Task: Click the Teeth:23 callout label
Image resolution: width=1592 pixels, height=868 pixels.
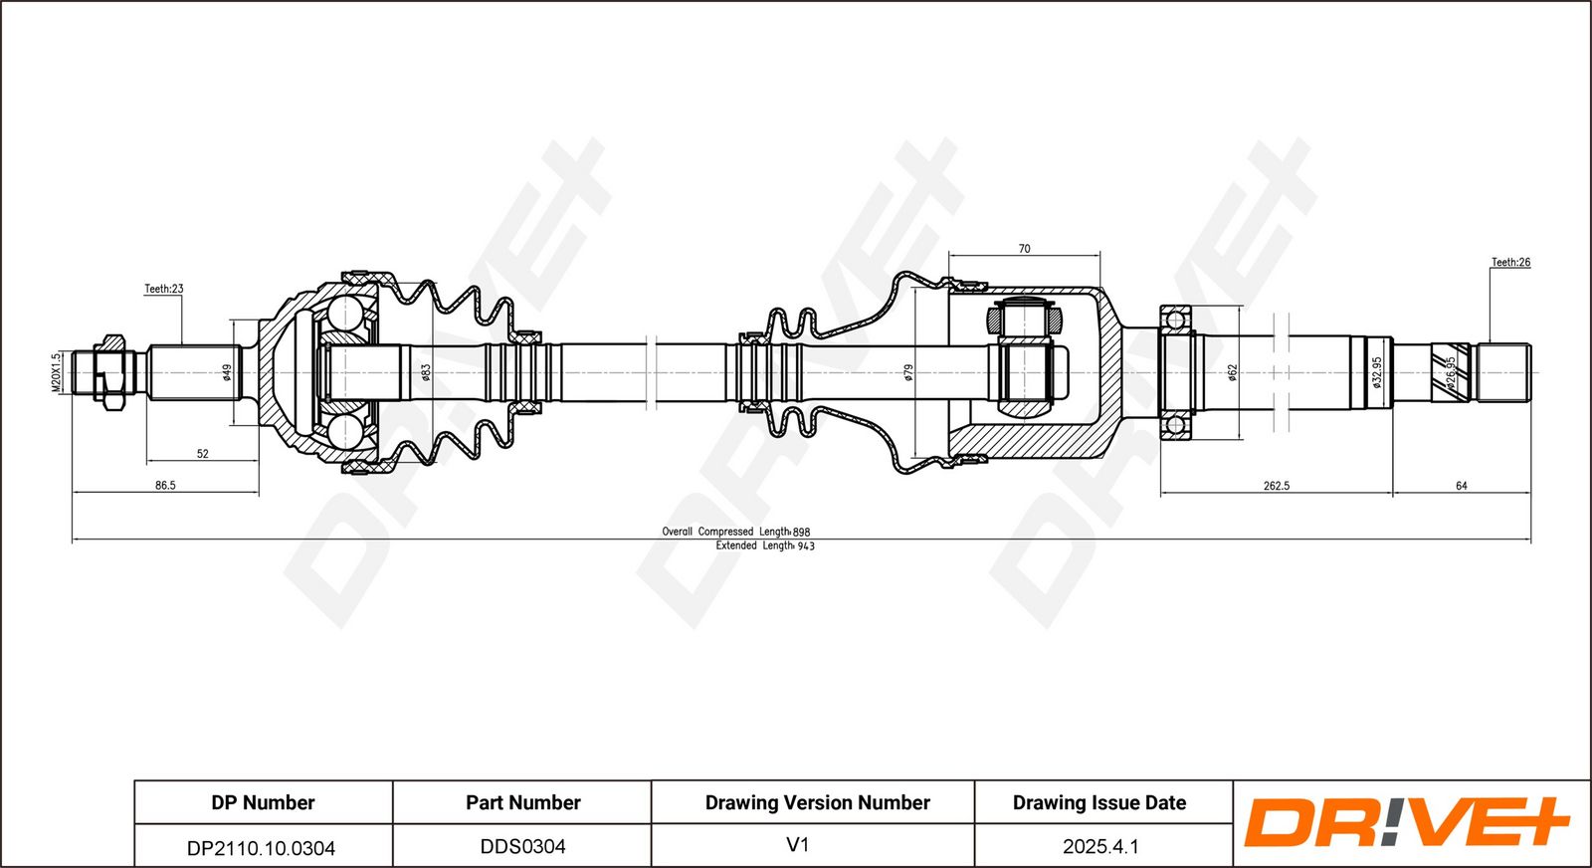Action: pyautogui.click(x=163, y=289)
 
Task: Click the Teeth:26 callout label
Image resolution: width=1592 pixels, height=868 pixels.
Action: pyautogui.click(x=1510, y=263)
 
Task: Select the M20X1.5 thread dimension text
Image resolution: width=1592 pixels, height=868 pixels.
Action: pyautogui.click(x=57, y=372)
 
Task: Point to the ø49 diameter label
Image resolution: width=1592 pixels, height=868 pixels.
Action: pyautogui.click(x=227, y=372)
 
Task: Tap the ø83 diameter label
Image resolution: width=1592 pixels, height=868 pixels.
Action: pyautogui.click(x=426, y=372)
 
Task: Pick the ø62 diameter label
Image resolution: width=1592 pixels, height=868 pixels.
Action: pyautogui.click(x=1232, y=372)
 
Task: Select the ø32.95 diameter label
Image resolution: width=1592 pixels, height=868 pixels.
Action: pyautogui.click(x=1377, y=372)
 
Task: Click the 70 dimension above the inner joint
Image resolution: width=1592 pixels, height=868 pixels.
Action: pyautogui.click(x=1024, y=249)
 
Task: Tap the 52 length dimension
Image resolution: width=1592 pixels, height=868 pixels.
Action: pyautogui.click(x=203, y=454)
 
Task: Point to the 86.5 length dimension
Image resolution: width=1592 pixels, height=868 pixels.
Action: pyautogui.click(x=165, y=486)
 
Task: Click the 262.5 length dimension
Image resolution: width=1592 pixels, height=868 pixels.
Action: pyautogui.click(x=1277, y=486)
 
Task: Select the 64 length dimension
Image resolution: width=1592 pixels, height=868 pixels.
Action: pyautogui.click(x=1462, y=486)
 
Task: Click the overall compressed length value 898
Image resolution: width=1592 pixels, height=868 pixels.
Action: pyautogui.click(x=802, y=532)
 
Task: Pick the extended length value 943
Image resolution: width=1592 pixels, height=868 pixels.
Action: pyautogui.click(x=806, y=545)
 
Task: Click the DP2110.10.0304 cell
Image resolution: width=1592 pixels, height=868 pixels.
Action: pyautogui.click(x=261, y=848)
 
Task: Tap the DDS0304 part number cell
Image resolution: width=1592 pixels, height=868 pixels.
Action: pyautogui.click(x=523, y=847)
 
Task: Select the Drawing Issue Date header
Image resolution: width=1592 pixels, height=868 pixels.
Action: pyautogui.click(x=1099, y=802)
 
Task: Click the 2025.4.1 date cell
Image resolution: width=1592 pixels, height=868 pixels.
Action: pyautogui.click(x=1100, y=847)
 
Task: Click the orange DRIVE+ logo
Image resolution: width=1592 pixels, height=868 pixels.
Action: pyautogui.click(x=1407, y=822)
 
